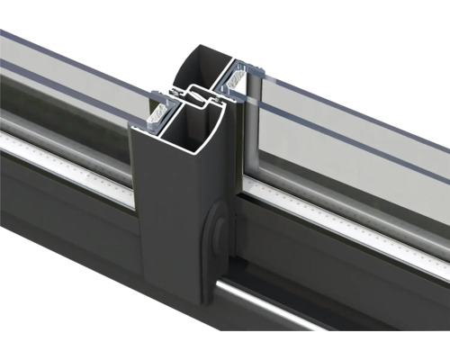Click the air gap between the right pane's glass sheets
360,117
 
